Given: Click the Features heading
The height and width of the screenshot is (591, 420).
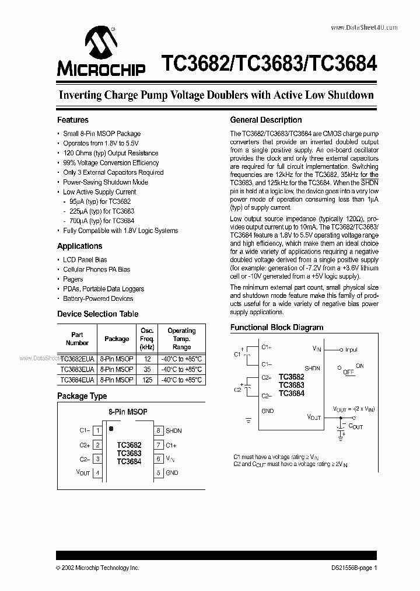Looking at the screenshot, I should pos(73,120).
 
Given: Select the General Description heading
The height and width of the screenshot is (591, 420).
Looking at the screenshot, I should pos(266,120).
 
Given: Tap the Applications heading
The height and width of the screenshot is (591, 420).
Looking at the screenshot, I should pos(79,246).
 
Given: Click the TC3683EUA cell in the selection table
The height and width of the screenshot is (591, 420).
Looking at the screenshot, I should pos(77,369).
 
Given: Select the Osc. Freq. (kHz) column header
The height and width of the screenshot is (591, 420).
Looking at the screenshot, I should pos(147,339).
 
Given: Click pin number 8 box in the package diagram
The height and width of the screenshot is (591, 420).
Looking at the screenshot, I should pos(158,430).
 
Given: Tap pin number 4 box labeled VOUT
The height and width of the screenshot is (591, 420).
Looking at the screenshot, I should pos(98,472).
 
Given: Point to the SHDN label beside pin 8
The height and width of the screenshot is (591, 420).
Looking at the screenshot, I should pos(174,430).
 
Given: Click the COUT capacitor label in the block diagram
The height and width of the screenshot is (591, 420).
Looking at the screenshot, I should pos(355,427).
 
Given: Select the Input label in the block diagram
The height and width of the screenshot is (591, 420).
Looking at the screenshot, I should pos(351,350).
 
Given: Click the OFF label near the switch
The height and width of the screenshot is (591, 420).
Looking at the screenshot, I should pos(348,371).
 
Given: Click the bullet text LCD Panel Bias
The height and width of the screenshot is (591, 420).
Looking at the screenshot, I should pos(85,259).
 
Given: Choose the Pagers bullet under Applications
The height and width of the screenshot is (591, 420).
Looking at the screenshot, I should pos(73,279).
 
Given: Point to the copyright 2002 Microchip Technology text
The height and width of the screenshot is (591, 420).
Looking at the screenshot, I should pos(97,568).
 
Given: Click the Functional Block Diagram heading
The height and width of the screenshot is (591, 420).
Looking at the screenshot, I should pos(276,328).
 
